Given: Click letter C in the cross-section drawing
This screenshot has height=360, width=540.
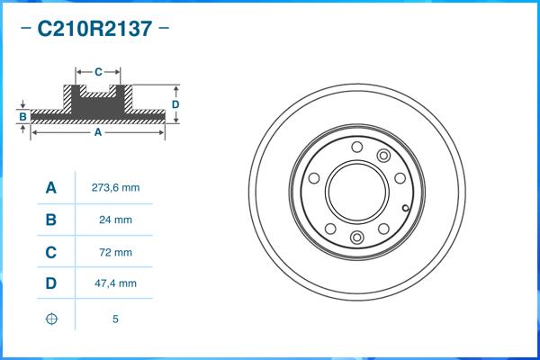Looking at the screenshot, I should [x=97, y=70].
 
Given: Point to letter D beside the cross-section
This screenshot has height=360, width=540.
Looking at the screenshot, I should [x=175, y=104].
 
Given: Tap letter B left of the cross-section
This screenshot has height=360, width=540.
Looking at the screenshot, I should [x=22, y=117].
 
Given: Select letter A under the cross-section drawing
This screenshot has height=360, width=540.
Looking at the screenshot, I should [x=97, y=132].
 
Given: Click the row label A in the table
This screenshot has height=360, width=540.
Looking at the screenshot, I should [x=51, y=188].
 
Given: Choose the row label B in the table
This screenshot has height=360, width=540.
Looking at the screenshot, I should [x=51, y=220].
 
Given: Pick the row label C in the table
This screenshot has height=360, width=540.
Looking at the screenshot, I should [x=51, y=252].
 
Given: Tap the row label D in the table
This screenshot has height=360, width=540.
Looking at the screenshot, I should [x=51, y=284].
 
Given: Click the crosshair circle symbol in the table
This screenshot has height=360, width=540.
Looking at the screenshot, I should [x=51, y=318].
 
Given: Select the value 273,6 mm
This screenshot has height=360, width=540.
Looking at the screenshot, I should [x=116, y=188].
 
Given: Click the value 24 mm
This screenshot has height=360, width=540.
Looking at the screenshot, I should [x=116, y=220].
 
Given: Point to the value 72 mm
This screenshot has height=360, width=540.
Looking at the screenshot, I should [x=116, y=252].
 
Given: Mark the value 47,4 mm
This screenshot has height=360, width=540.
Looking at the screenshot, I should [x=116, y=284].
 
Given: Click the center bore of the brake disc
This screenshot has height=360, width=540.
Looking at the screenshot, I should [x=356, y=192].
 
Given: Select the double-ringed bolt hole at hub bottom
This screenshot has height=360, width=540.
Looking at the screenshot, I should [x=356, y=238].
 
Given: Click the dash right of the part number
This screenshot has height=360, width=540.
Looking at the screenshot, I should [x=163, y=29].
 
